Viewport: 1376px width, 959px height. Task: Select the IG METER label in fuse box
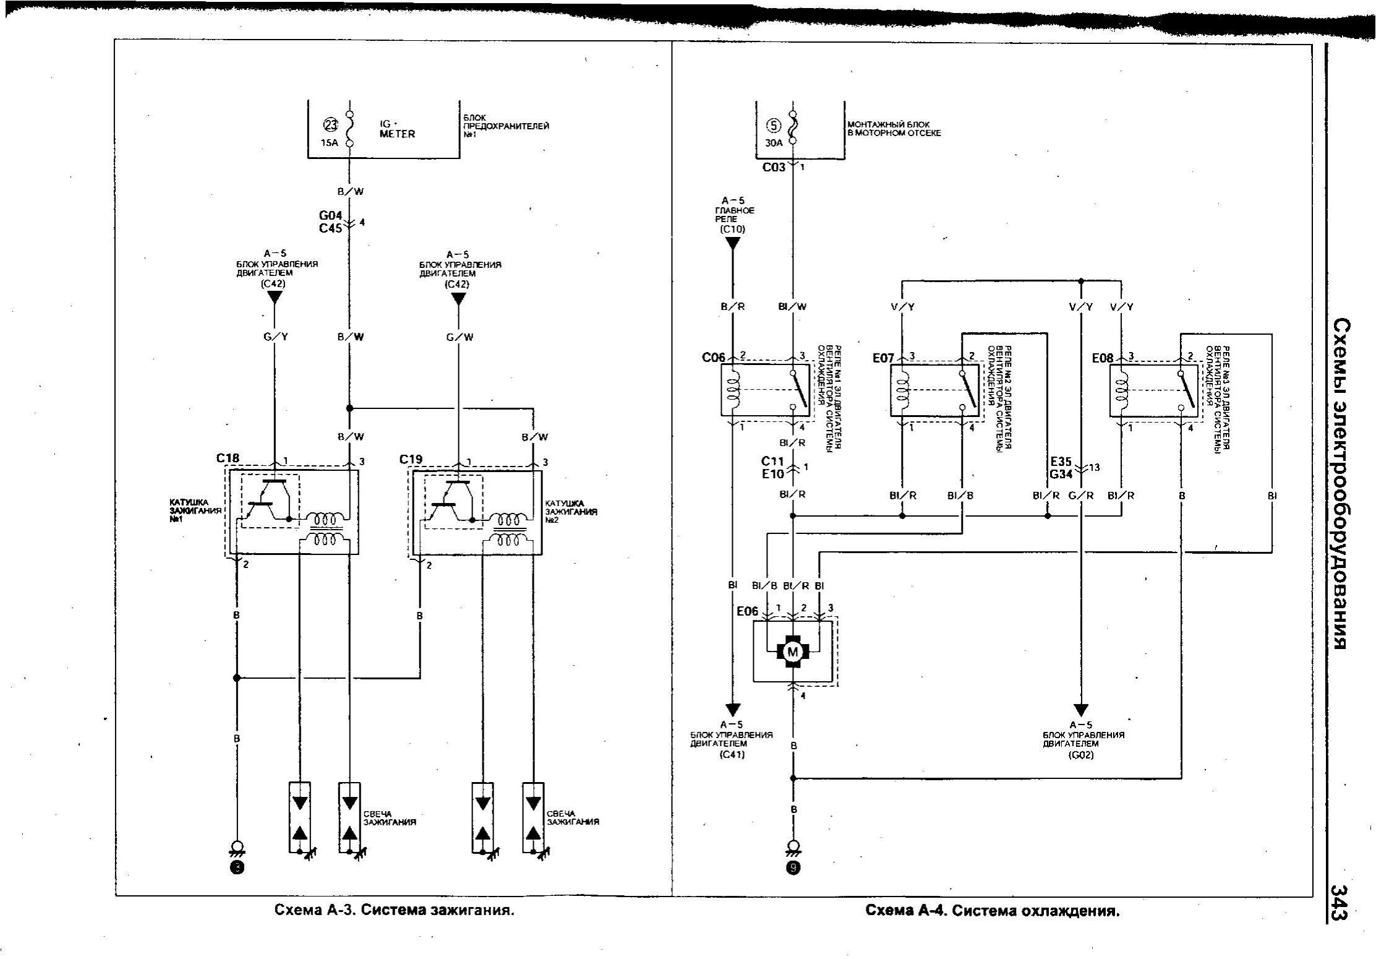point(397,129)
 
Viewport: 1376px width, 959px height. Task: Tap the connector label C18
point(228,458)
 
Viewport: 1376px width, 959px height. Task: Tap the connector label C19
point(411,459)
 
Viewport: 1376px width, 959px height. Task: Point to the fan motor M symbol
point(792,651)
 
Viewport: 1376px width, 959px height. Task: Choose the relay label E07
point(884,358)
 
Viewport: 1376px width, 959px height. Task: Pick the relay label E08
point(1103,358)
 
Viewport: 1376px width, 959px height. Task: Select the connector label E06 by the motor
point(747,611)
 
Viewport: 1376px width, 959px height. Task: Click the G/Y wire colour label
point(276,337)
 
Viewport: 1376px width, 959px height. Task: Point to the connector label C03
point(774,167)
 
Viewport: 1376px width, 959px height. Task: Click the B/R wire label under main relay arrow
point(733,306)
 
